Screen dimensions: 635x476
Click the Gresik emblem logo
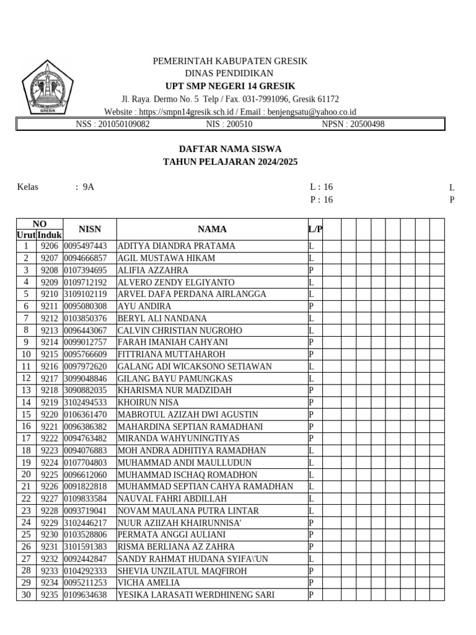(x=48, y=87)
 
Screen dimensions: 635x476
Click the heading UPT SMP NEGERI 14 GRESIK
(x=230, y=86)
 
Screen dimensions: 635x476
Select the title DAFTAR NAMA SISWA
(x=230, y=149)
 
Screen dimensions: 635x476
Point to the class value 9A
(x=89, y=187)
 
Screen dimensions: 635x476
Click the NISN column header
(x=89, y=229)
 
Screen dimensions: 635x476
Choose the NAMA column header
(x=212, y=229)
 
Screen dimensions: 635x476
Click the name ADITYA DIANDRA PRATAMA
(x=176, y=246)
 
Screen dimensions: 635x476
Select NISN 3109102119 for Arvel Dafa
(x=86, y=294)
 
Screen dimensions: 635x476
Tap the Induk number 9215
(x=49, y=354)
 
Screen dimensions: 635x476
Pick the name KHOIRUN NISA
(x=148, y=402)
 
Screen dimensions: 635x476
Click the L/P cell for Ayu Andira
(x=314, y=306)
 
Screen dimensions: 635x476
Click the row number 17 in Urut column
(x=26, y=438)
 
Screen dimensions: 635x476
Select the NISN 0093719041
(x=86, y=511)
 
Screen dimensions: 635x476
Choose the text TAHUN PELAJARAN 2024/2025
(x=230, y=162)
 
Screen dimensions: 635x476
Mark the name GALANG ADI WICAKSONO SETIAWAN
(x=195, y=366)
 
